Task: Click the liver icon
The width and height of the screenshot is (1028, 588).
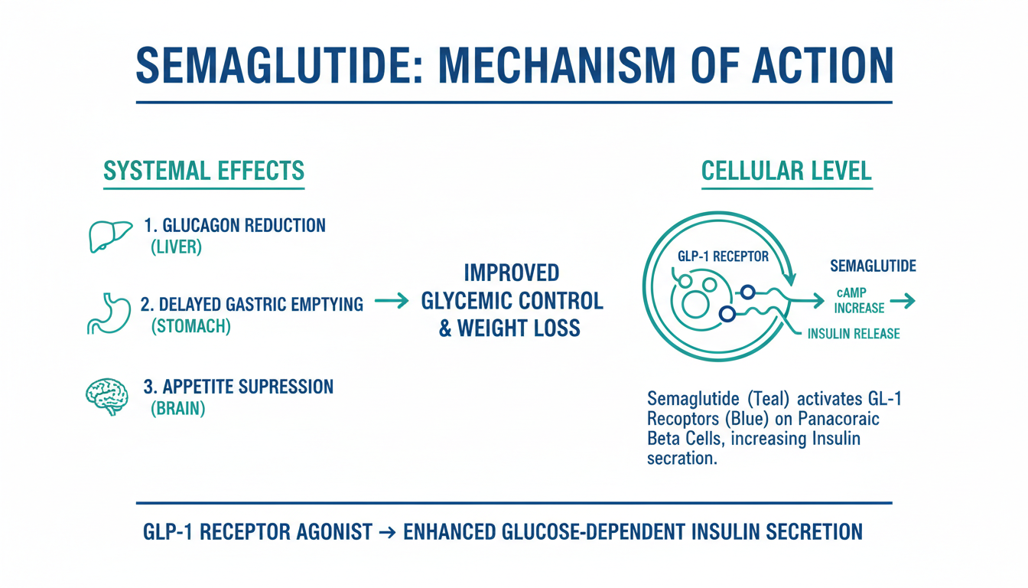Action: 110,236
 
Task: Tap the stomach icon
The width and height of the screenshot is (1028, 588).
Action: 109,313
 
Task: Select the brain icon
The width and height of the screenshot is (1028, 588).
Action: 107,397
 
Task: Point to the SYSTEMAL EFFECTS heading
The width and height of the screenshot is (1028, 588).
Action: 203,171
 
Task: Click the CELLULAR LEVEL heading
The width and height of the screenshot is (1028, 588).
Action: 786,171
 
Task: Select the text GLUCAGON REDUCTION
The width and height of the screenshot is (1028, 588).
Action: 244,226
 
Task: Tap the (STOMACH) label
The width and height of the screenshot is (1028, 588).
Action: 191,326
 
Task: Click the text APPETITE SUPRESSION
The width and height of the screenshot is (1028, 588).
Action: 248,387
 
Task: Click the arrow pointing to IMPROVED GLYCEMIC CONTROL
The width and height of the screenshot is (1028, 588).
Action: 392,301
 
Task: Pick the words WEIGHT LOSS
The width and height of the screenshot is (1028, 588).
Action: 519,328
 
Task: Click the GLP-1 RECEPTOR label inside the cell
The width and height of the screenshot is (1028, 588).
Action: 723,256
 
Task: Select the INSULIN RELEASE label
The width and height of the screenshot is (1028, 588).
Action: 854,334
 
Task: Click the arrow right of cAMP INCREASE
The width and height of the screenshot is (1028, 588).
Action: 903,302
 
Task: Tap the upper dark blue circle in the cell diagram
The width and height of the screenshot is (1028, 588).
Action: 747,292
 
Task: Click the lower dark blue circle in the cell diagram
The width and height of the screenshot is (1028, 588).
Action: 727,314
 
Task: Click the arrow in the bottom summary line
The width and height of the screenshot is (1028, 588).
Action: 388,533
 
